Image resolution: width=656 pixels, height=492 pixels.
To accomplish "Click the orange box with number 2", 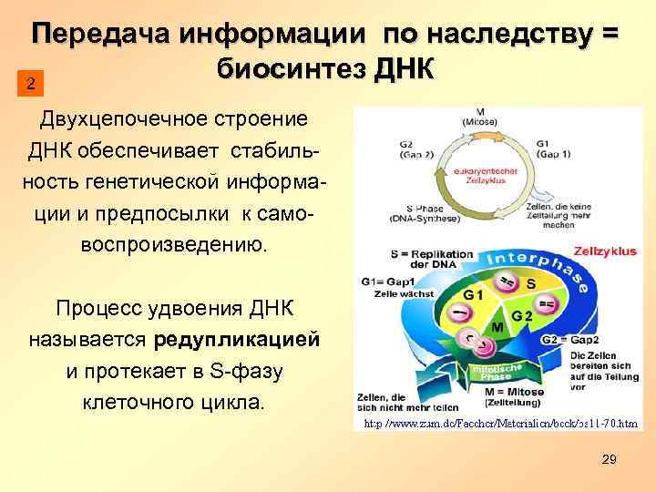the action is point(31,85).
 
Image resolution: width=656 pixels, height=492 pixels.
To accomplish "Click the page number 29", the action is point(610,460).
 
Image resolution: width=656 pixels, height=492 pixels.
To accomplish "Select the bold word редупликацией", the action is point(238,340).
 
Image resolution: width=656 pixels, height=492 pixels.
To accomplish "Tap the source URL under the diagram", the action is point(500,425).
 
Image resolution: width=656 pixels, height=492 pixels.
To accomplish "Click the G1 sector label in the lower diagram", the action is point(474,295).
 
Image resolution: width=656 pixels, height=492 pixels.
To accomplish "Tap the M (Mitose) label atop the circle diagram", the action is point(478,117).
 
